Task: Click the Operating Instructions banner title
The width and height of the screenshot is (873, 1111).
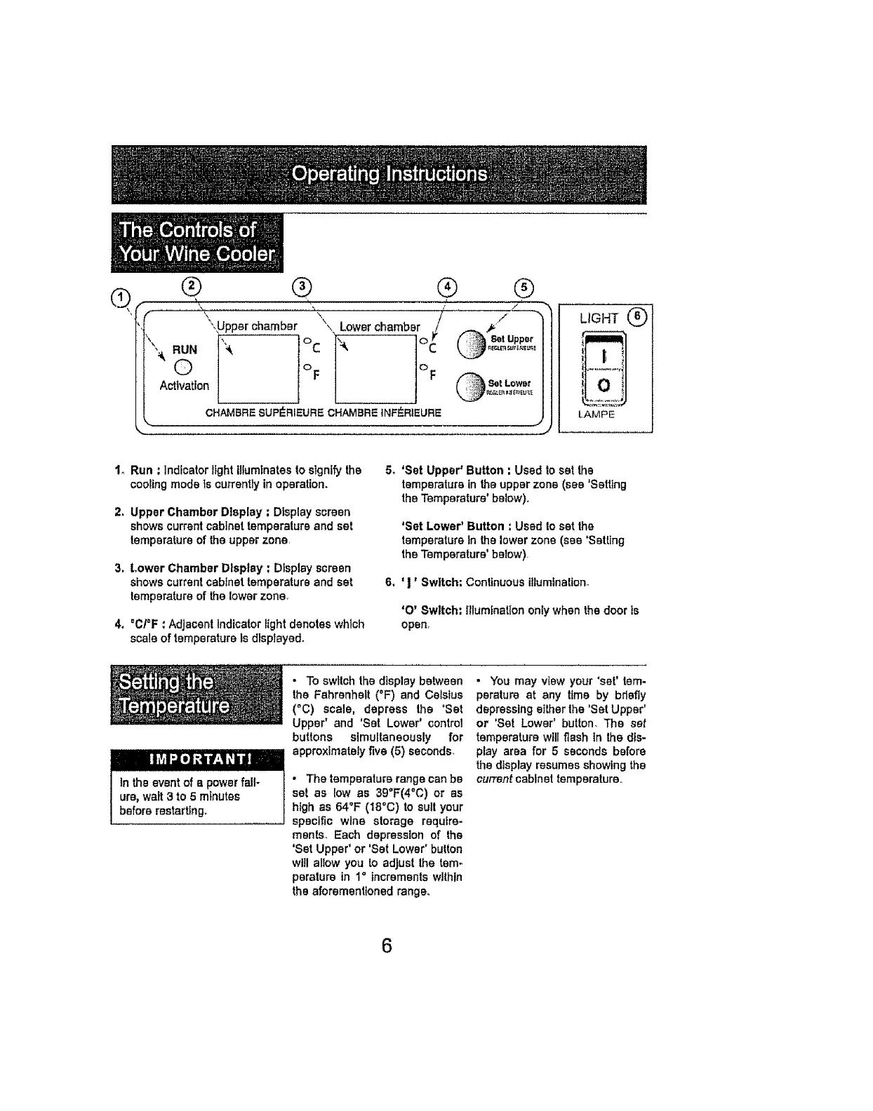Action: pos(389,173)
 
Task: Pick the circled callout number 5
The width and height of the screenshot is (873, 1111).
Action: pos(524,286)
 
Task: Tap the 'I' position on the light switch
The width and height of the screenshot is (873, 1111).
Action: pos(603,355)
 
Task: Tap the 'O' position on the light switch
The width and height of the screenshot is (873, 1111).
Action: pos(603,385)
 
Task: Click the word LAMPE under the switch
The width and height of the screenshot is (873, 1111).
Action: pos(597,415)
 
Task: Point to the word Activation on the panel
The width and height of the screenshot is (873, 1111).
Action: pos(185,386)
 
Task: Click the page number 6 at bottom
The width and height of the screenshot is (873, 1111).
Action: pos(386,945)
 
